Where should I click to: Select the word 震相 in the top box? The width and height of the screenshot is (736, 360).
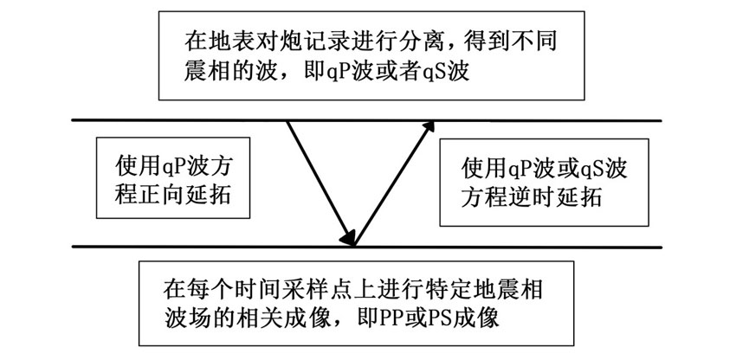coord(203,74)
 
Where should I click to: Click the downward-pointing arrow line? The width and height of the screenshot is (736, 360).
coord(320,183)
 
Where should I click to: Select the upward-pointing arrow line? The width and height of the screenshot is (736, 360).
coord(394,183)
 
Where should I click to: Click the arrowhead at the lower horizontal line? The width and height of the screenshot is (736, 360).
coord(348,239)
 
